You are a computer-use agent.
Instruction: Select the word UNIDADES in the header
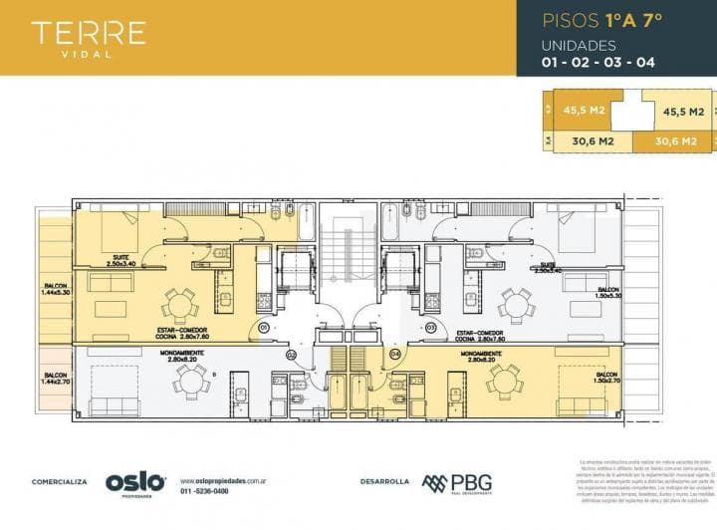tap(579, 46)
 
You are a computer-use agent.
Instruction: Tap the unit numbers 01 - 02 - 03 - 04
tap(597, 63)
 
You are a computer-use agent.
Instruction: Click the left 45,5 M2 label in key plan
tap(585, 112)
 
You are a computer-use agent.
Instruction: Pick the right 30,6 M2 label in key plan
tap(676, 141)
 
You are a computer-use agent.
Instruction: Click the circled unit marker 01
tap(265, 328)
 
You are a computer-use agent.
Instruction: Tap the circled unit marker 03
tap(432, 328)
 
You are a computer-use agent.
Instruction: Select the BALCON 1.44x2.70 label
tap(55, 379)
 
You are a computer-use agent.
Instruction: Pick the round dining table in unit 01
tap(180, 303)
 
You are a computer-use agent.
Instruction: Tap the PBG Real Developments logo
tap(456, 483)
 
